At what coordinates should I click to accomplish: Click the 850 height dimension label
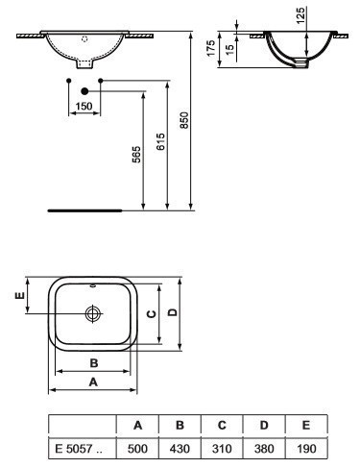184,120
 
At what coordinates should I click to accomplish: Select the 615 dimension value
160,141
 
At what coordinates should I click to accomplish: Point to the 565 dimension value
136,155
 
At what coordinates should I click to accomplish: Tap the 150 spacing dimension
84,106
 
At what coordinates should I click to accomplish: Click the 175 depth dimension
211,48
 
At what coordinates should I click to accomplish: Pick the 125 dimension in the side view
300,15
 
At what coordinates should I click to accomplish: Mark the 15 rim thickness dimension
229,49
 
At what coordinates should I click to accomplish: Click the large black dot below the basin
84,91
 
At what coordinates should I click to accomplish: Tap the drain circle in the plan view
93,313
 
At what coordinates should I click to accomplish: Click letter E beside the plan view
20,295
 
